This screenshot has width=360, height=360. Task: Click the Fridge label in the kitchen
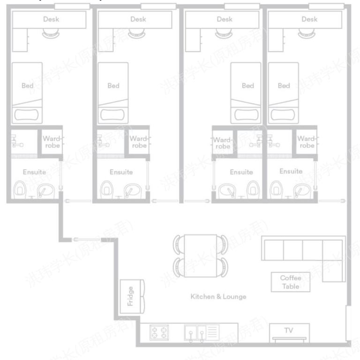[x=131, y=296]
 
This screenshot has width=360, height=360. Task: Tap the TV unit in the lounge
[x=289, y=331]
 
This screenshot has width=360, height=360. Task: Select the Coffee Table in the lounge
[x=291, y=282]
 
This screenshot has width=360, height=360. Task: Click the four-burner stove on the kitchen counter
[x=159, y=332]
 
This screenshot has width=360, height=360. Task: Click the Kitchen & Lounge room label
[x=218, y=296]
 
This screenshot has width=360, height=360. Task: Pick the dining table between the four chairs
[x=200, y=255]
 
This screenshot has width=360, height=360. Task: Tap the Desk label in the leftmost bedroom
[x=51, y=19]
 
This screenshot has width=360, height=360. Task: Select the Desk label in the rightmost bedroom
[x=309, y=19]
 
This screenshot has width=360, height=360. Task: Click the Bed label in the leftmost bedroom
[x=28, y=86]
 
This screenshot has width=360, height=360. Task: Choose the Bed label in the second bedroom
[x=113, y=86]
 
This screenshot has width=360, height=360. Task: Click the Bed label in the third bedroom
[x=247, y=86]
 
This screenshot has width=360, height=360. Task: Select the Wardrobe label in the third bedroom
[x=223, y=143]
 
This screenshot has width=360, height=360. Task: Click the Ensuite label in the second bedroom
[x=121, y=172]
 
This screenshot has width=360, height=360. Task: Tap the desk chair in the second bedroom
[x=135, y=32]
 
